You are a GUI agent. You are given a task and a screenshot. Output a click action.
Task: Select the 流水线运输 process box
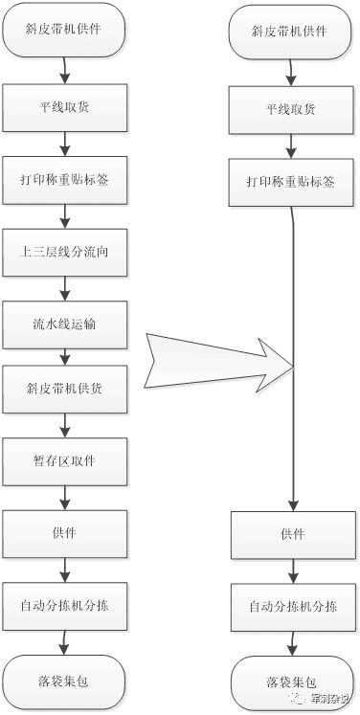(64, 325)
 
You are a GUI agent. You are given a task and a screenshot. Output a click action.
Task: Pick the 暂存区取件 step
(64, 460)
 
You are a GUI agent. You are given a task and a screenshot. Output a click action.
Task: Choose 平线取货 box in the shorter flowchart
(291, 109)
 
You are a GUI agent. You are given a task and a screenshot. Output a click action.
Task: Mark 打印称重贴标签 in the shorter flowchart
(291, 183)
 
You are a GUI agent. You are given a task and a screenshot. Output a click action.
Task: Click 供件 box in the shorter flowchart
(291, 534)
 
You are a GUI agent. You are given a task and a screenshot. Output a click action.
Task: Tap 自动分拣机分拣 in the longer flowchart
(64, 605)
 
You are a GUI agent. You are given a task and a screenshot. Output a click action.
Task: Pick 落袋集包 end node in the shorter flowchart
(291, 681)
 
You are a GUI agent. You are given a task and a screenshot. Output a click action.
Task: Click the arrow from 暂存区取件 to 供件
(64, 496)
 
